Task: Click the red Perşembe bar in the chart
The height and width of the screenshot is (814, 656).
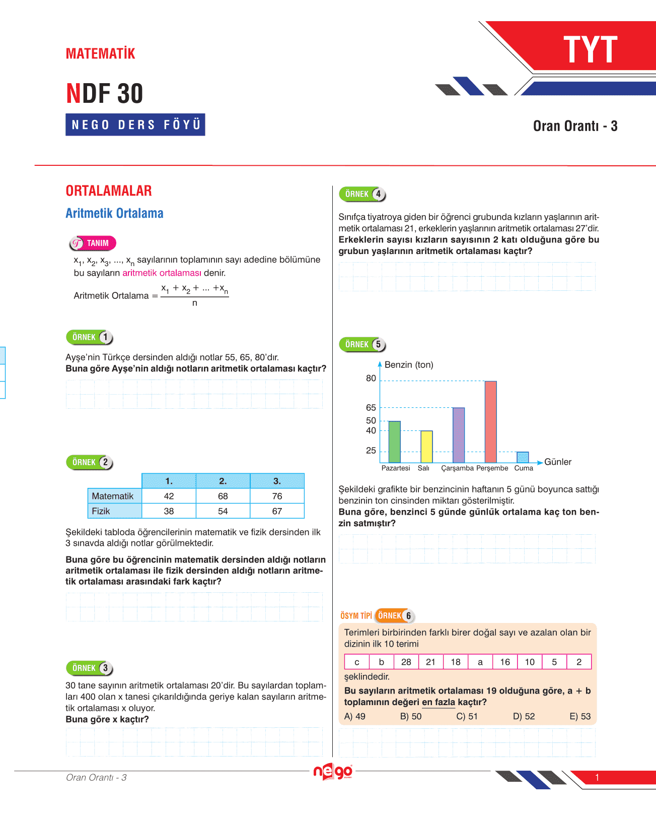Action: [490, 422]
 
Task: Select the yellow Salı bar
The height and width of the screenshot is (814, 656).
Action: [426, 447]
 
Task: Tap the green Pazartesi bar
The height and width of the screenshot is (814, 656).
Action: [395, 442]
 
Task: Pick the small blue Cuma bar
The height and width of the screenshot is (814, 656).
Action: [523, 457]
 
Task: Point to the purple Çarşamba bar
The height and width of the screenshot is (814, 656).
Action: [459, 435]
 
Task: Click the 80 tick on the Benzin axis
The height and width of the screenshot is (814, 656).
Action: [371, 379]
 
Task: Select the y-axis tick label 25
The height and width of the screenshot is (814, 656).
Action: [371, 451]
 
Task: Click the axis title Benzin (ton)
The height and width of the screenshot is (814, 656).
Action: [409, 365]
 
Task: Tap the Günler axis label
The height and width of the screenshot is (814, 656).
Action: [558, 462]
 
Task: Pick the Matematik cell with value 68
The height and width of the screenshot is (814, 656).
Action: [223, 496]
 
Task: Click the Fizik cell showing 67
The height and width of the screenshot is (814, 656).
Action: [277, 511]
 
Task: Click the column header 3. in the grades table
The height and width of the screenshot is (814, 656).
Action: [277, 481]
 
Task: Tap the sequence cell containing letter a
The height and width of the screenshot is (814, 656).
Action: [480, 662]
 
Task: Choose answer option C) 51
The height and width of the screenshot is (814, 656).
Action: [467, 716]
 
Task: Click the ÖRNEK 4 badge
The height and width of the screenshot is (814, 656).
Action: [362, 194]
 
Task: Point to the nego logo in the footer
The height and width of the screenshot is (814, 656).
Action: [333, 772]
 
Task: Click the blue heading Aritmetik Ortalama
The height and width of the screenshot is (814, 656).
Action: [114, 213]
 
